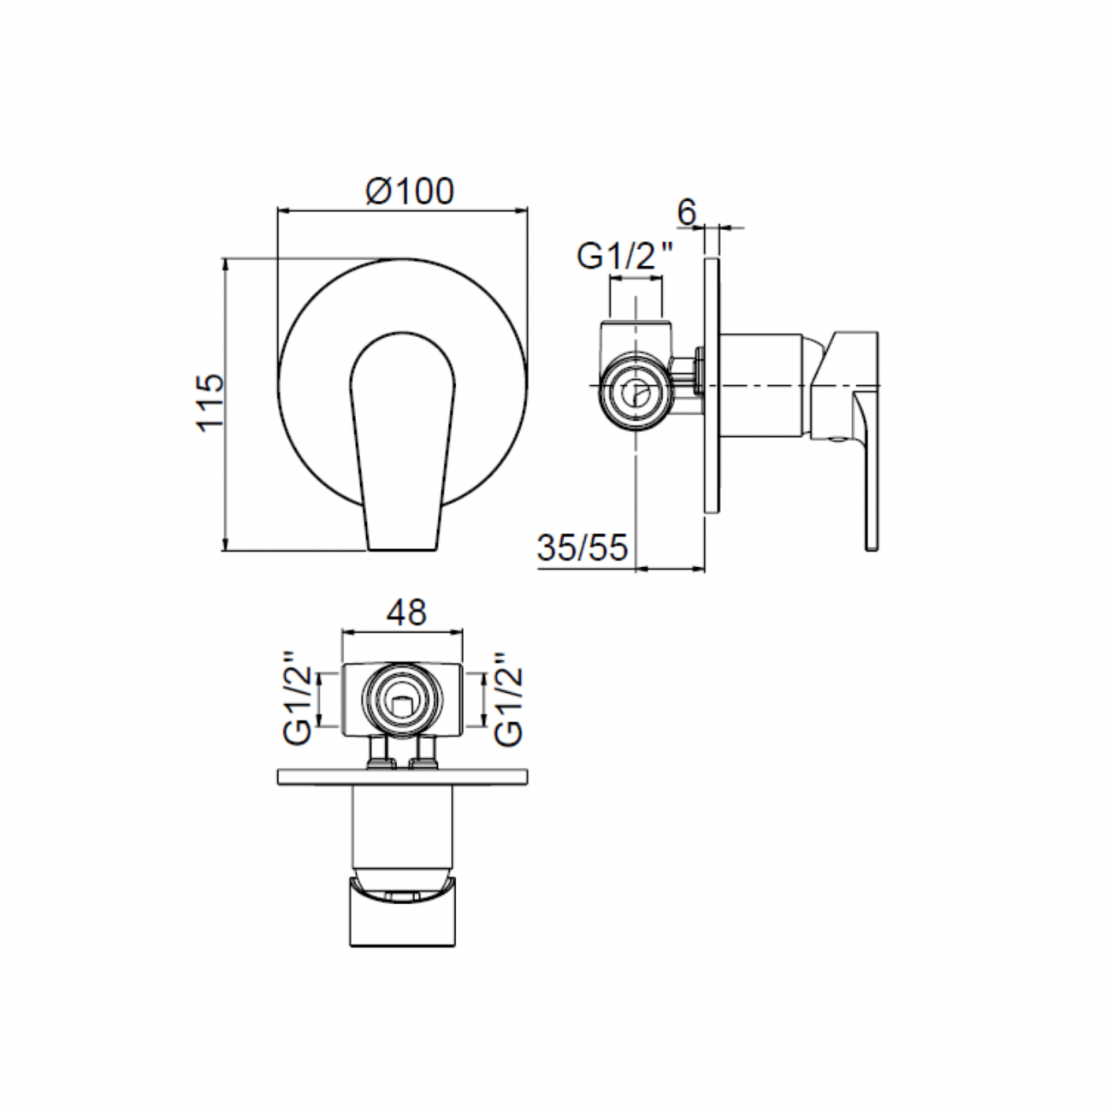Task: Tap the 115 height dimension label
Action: click(x=210, y=401)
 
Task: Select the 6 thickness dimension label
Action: click(x=688, y=211)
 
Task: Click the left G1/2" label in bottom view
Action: click(x=297, y=700)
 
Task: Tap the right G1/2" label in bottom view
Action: click(x=509, y=700)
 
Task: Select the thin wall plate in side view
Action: click(x=711, y=385)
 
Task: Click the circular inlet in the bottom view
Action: click(x=402, y=701)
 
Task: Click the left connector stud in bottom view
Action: click(x=377, y=752)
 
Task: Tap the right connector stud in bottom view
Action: click(x=425, y=752)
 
